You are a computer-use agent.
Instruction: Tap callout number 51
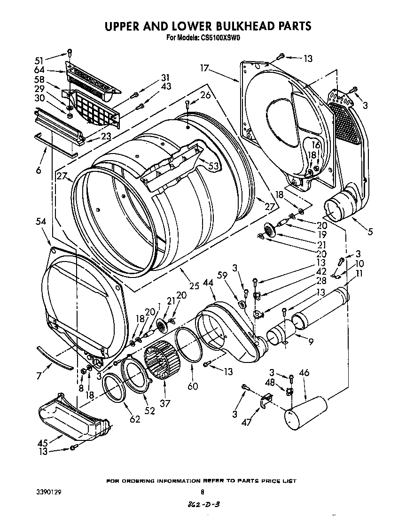pos(39,60)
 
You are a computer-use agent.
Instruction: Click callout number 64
pos(39,70)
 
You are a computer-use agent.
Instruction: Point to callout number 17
pos(203,68)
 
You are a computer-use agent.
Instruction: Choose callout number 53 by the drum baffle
pos(213,166)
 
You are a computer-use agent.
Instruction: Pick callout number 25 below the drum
pos(194,285)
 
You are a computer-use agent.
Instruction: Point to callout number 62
pos(135,419)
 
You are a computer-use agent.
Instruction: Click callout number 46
pos(304,373)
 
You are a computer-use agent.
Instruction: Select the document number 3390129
pos(49,493)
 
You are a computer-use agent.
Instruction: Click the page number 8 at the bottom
pos(203,493)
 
